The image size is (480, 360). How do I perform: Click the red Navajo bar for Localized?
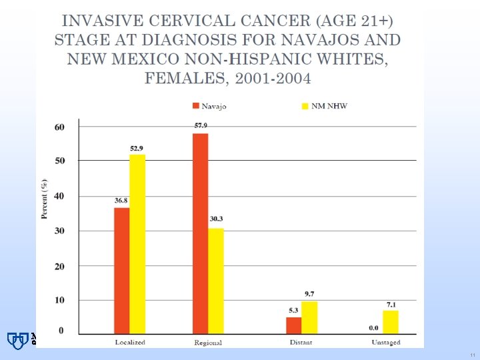pos(121,270)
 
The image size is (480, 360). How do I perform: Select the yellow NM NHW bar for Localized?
pos(137,243)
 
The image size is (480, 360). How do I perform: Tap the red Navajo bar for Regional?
pos(200,233)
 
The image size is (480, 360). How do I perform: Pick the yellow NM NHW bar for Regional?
pos(216,281)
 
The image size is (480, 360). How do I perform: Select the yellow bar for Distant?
pos(309,317)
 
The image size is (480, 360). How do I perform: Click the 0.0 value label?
pos(374,327)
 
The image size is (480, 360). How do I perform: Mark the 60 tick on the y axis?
pos(59,127)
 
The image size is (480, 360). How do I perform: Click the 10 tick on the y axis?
pos(59,300)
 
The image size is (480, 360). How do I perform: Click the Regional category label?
pos(208,343)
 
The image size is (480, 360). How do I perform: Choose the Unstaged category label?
pos(387,343)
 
